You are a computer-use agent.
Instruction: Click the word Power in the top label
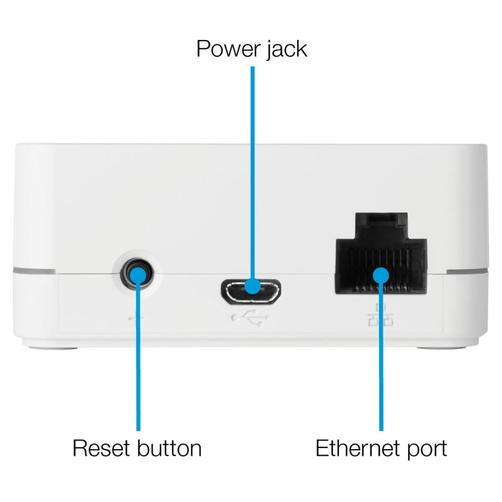pos(228,49)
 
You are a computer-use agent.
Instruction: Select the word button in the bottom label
pos(170,448)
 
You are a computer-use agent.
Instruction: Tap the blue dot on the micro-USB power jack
pos(253,286)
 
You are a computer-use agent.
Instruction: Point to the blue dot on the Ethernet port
pos(381,275)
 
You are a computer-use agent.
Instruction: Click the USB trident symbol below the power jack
pos(251,317)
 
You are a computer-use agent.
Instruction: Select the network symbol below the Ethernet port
pos(381,315)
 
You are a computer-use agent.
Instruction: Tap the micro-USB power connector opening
pos(251,291)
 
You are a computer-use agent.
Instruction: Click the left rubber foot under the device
pos(53,347)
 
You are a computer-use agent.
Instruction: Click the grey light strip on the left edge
pos(34,271)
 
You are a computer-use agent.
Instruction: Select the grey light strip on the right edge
pos(468,271)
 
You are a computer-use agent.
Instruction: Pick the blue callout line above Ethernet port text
pos(381,357)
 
